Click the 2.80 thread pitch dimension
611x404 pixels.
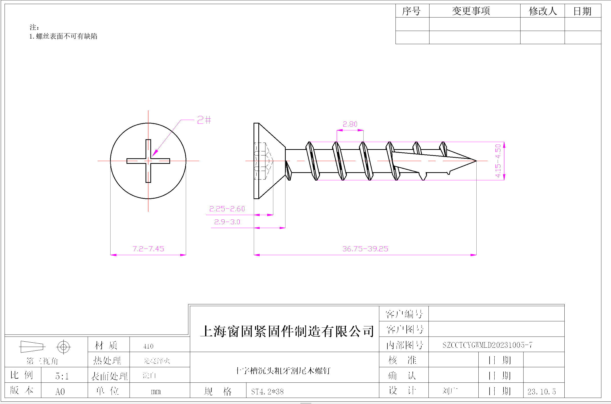pyautogui.click(x=350, y=125)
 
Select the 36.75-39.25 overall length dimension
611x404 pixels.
pyautogui.click(x=365, y=249)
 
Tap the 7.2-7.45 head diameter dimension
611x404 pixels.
pyautogui.click(x=148, y=249)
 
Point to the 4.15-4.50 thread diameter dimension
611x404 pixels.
pyautogui.click(x=498, y=161)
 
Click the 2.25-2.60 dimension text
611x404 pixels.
pyautogui.click(x=227, y=209)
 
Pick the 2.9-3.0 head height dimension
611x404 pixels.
pyautogui.click(x=227, y=222)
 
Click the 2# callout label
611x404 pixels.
pyautogui.click(x=204, y=120)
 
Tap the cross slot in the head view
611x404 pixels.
pyautogui.click(x=148, y=161)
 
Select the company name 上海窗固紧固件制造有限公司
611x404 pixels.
pyautogui.click(x=287, y=331)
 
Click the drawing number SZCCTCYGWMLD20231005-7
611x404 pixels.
pyautogui.click(x=487, y=345)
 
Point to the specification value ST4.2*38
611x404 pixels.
pyautogui.click(x=267, y=392)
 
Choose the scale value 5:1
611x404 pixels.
pyautogui.click(x=62, y=376)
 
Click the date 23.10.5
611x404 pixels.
pyautogui.click(x=542, y=392)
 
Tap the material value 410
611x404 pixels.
pyautogui.click(x=148, y=346)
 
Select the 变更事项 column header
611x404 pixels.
pyautogui.click(x=471, y=11)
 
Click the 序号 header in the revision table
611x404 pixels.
pyautogui.click(x=411, y=11)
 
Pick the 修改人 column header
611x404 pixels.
pyautogui.click(x=543, y=11)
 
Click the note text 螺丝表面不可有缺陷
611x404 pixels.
pyautogui.click(x=66, y=36)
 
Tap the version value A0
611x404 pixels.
pyautogui.click(x=60, y=392)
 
